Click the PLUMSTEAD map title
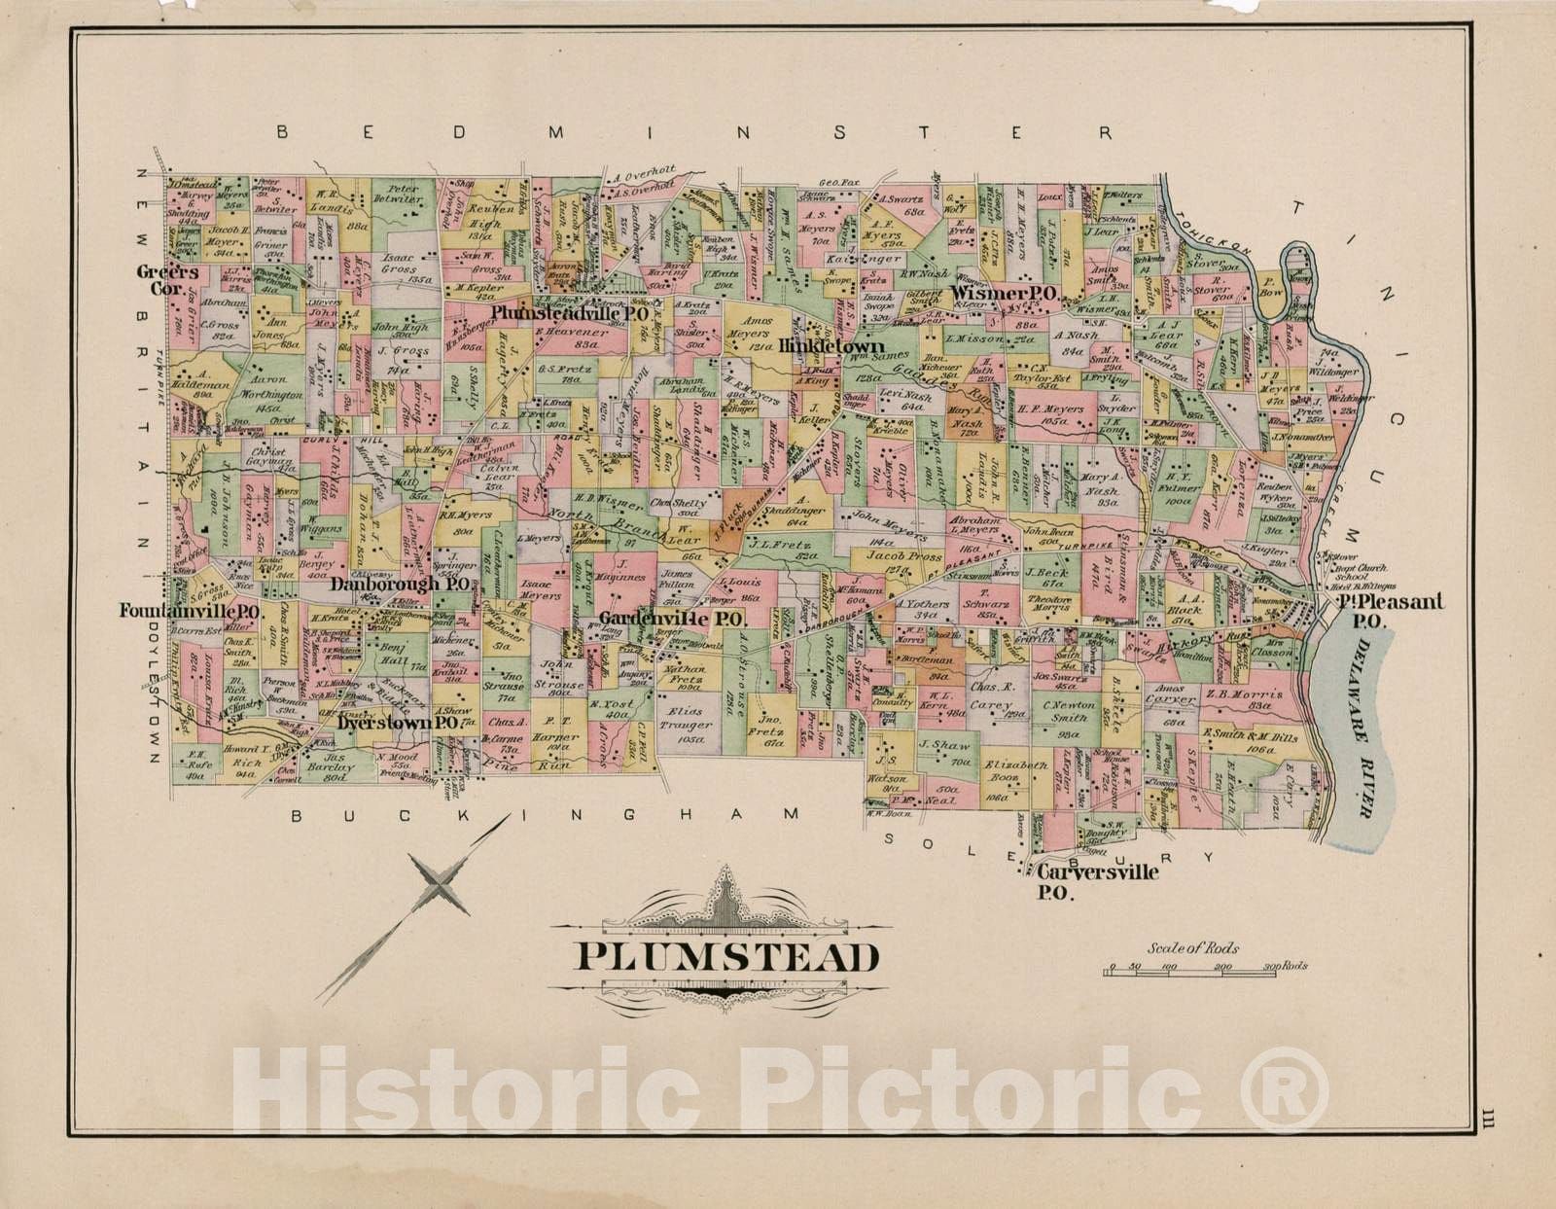click(728, 957)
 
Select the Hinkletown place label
click(831, 346)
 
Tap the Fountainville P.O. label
click(189, 612)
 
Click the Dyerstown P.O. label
click(398, 724)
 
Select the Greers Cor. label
click(167, 280)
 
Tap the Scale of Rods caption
click(1193, 947)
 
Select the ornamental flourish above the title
click(727, 907)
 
